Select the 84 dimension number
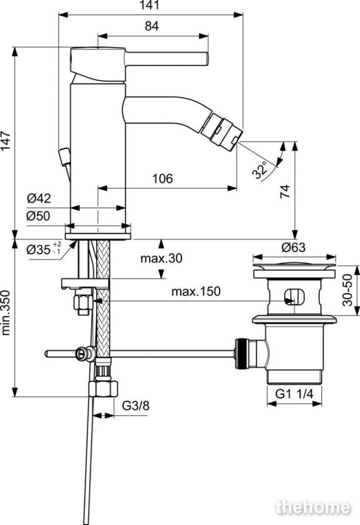click(x=152, y=26)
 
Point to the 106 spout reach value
click(x=163, y=179)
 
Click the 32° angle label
click(x=261, y=170)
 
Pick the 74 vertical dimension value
click(x=285, y=191)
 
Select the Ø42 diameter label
click(x=39, y=198)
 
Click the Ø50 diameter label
click(x=38, y=216)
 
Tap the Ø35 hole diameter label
click(x=44, y=249)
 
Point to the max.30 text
click(x=161, y=258)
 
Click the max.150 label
click(x=196, y=291)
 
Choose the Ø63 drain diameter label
click(x=294, y=248)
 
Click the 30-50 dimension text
click(x=348, y=290)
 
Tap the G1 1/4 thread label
click(x=294, y=394)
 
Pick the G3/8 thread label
click(x=136, y=406)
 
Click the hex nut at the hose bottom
click(x=104, y=388)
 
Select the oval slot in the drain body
click(x=294, y=296)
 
